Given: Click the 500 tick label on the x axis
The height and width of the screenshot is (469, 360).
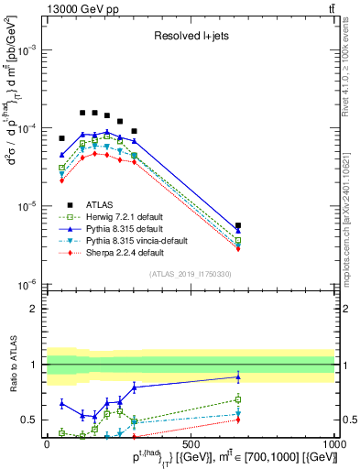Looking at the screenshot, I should pyautogui.click(x=191, y=444).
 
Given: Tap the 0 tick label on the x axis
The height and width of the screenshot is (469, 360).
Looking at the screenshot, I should pyautogui.click(x=47, y=444).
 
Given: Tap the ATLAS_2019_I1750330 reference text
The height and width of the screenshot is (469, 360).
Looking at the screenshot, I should pyautogui.click(x=191, y=274).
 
